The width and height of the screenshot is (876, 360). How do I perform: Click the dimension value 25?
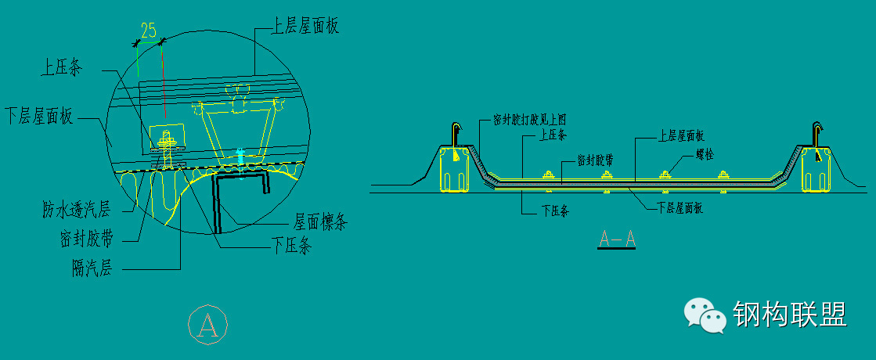(147, 31)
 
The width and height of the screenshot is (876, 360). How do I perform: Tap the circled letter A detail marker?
(208, 325)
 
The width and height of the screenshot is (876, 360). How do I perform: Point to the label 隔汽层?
(91, 269)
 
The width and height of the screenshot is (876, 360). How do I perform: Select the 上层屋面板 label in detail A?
(305, 27)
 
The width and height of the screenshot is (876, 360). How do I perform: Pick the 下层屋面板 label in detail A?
(38, 117)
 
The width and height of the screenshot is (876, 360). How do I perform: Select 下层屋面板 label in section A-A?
(679, 207)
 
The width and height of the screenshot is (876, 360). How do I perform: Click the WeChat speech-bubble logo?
(704, 315)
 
